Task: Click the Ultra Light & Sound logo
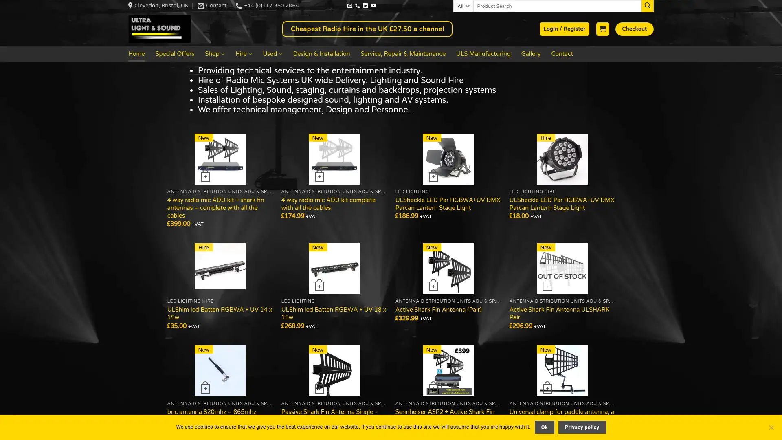point(159,29)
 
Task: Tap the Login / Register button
point(564,29)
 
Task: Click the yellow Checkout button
point(634,29)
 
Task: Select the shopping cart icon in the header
point(602,29)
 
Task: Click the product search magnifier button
point(647,6)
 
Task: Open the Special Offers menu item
point(175,54)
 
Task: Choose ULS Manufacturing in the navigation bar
point(483,54)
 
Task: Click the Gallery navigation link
point(531,54)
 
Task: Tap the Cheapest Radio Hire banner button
point(367,29)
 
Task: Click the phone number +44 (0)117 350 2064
point(271,6)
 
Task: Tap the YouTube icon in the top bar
point(373,6)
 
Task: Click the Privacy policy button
point(582,427)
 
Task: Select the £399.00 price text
point(179,224)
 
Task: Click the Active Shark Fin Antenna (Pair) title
point(438,310)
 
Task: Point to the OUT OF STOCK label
point(562,276)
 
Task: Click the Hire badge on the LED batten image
point(203,247)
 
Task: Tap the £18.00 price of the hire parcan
point(519,216)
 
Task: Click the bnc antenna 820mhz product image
point(220,371)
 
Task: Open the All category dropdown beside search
point(463,6)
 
